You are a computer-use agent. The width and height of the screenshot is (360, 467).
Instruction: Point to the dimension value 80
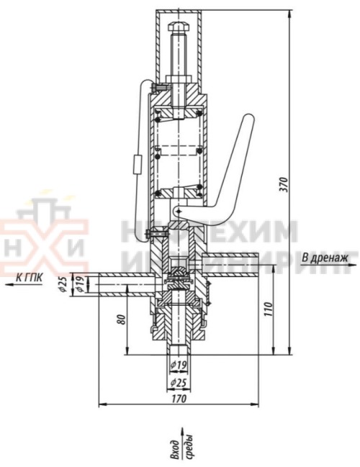[x=119, y=317]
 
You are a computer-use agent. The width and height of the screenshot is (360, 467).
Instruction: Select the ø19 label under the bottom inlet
[x=180, y=366]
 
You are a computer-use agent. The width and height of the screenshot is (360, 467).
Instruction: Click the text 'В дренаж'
[x=324, y=257]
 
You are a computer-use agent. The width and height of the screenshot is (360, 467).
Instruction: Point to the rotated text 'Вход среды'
[x=180, y=450]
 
